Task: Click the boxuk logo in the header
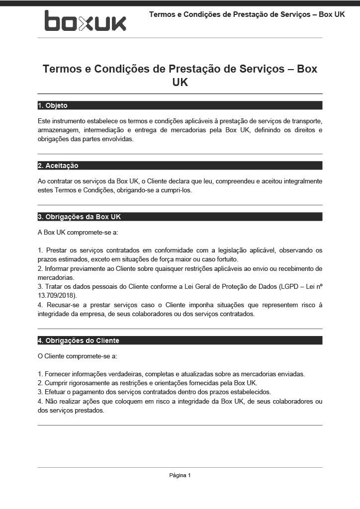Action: (x=85, y=21)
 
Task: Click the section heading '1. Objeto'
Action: (x=53, y=105)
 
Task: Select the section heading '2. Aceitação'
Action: (x=58, y=166)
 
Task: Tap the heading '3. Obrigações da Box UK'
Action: (x=79, y=217)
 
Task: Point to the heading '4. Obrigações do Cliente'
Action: (x=79, y=340)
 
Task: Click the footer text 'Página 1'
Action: (x=180, y=475)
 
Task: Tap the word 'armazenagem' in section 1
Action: (x=58, y=130)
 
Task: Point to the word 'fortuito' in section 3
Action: (x=226, y=259)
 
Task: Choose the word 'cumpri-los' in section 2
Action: (x=176, y=190)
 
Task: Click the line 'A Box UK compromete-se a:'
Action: (x=78, y=233)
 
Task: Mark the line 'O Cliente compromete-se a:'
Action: (x=78, y=356)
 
